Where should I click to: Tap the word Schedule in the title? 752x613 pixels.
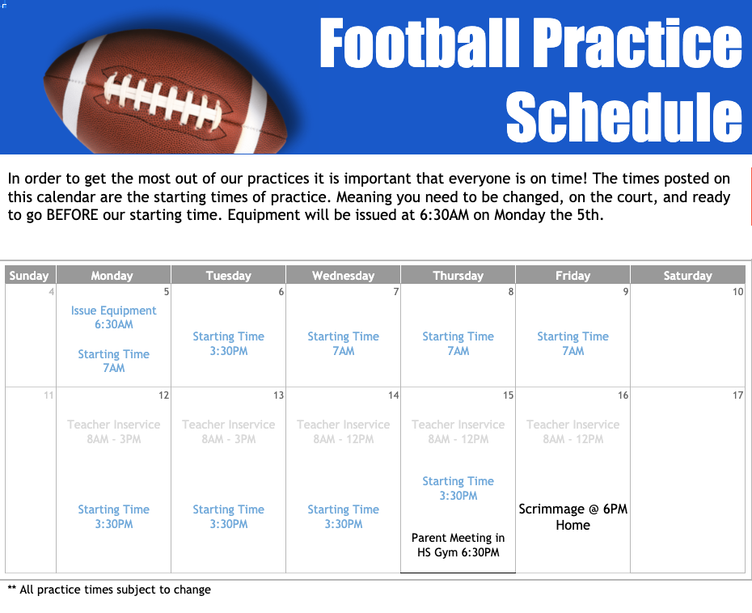coord(623,117)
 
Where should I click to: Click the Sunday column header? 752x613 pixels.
coord(29,276)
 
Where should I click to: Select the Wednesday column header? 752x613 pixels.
coord(343,276)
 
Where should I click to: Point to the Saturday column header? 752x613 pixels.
coord(687,276)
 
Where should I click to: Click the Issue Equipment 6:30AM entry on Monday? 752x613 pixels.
coord(114,317)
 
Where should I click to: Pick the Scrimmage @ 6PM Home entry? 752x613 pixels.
coord(572,517)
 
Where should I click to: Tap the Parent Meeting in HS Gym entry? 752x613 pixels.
coord(458,545)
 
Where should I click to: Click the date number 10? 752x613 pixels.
coord(737,292)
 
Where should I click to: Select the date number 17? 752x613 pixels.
coord(737,395)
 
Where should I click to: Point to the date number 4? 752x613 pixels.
coord(51,292)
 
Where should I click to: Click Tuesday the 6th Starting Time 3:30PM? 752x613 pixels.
coord(229,344)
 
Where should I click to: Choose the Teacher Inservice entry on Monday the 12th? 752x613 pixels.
coord(114,432)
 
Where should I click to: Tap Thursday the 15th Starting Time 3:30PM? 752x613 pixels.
coord(458,488)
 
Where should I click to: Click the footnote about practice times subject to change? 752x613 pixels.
coord(109,590)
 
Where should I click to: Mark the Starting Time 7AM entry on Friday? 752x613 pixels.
coord(572,344)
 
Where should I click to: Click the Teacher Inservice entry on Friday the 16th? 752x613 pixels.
coord(572,432)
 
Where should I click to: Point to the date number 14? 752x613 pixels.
coord(393,395)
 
